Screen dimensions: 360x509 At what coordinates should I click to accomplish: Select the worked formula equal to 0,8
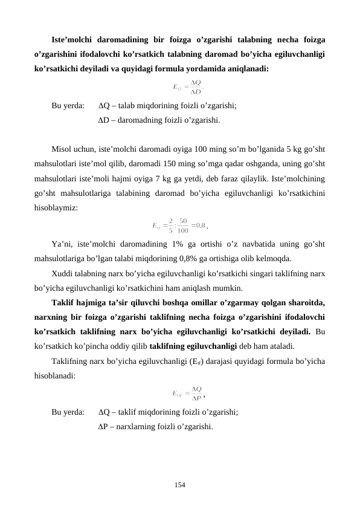(179, 226)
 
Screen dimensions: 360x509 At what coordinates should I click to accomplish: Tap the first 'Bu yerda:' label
(68, 105)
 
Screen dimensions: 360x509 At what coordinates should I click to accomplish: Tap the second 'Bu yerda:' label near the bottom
(68, 411)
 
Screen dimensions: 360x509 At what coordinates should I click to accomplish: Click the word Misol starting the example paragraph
(63, 149)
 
